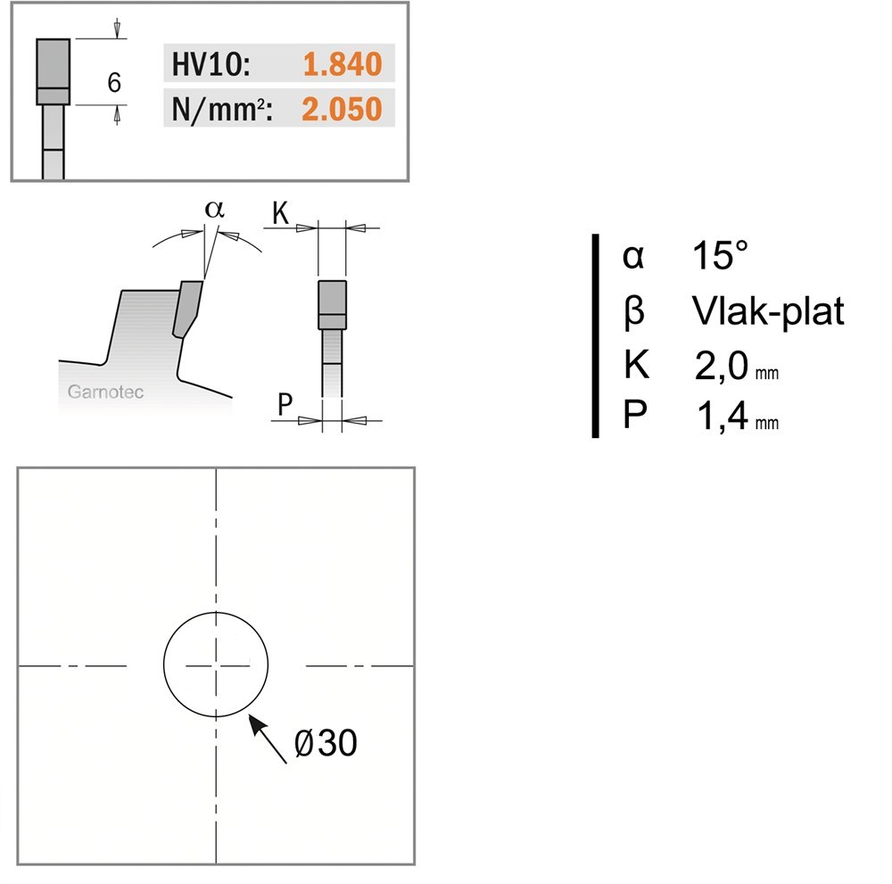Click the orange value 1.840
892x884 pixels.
click(343, 63)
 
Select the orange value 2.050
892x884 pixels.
click(342, 109)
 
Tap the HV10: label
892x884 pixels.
click(211, 63)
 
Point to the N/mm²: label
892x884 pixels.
click(222, 109)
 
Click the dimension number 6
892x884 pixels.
click(114, 82)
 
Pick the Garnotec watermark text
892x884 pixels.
click(105, 392)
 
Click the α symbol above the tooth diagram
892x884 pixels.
click(214, 210)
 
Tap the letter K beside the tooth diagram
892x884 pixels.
click(280, 213)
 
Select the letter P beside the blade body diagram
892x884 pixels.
click(285, 404)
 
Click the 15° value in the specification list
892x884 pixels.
click(720, 255)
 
